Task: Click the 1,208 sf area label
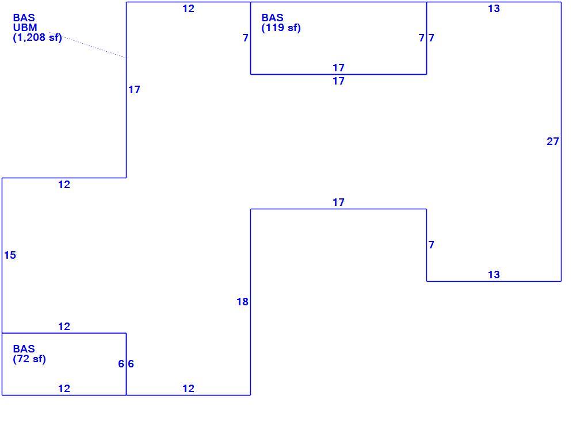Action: [37, 37]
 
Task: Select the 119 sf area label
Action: [281, 28]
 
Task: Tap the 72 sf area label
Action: [29, 359]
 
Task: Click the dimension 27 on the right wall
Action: [553, 141]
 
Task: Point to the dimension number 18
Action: [242, 302]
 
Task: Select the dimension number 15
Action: [10, 255]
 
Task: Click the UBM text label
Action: [25, 28]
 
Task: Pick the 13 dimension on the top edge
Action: [494, 9]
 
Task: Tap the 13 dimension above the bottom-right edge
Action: [494, 275]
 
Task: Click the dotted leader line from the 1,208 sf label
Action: [87, 45]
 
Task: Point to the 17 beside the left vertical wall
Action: [134, 90]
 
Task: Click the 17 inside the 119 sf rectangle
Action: [339, 68]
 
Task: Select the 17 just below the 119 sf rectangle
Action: [339, 81]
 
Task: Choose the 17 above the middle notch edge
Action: [339, 202]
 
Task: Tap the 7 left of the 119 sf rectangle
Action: [245, 38]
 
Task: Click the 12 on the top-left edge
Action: [188, 9]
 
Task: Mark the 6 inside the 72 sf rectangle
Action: [121, 364]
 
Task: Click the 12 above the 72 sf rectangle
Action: [64, 327]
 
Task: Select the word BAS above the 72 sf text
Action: [24, 349]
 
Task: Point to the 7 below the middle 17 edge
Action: [432, 245]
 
